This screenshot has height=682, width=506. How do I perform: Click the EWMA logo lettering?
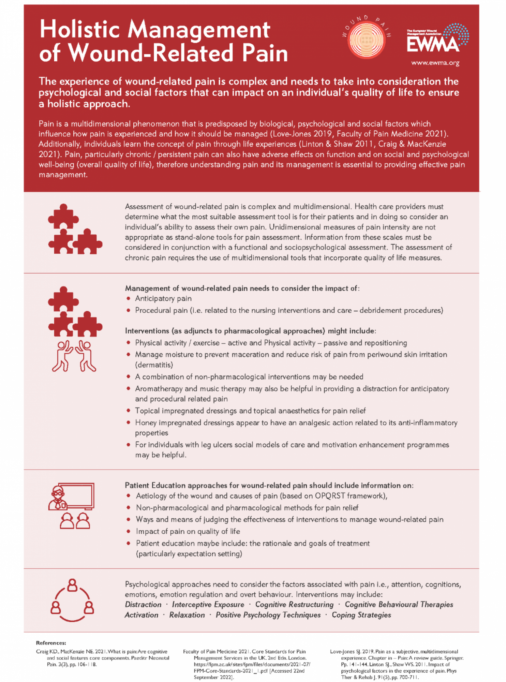click(x=433, y=44)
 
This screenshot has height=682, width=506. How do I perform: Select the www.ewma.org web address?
click(x=435, y=63)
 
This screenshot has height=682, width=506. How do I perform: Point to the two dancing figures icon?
click(x=74, y=356)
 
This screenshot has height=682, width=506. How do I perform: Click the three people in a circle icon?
click(x=72, y=600)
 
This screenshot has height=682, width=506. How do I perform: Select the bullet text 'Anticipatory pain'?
click(x=163, y=299)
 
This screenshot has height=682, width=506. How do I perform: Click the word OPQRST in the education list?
click(x=330, y=496)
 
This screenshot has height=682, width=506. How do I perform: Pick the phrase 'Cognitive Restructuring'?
click(x=294, y=605)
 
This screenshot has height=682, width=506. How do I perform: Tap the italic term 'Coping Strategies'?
click(x=361, y=615)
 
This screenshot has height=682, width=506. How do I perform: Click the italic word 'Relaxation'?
click(x=187, y=615)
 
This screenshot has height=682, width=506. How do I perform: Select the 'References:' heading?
click(x=51, y=643)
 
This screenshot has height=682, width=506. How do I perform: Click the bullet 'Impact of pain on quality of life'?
click(x=188, y=532)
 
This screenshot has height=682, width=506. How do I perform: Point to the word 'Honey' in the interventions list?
click(x=146, y=423)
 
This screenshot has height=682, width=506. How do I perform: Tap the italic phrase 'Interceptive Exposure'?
click(x=208, y=605)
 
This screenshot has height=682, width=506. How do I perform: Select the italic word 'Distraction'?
click(x=143, y=605)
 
